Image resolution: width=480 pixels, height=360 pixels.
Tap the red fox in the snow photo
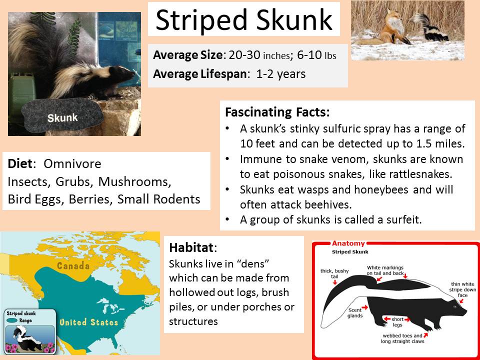coord(390,29)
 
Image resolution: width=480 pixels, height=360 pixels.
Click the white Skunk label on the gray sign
coord(62,117)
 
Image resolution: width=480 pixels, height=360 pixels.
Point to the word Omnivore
coord(72,164)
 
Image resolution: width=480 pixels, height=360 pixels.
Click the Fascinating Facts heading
coord(277,112)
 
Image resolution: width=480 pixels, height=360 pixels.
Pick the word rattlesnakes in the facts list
coord(416,174)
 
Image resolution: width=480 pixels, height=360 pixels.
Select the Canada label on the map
coord(73,265)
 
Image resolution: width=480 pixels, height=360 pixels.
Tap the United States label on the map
coord(89,322)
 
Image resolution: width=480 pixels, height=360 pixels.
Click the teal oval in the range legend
coord(12,320)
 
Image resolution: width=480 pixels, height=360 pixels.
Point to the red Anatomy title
coord(348,243)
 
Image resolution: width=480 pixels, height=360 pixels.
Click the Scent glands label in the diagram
coord(355,313)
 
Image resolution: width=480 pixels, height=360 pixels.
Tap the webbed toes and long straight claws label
coord(402,338)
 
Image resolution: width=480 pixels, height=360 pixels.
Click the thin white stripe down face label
coord(463,289)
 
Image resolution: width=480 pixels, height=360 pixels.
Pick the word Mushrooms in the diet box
coord(134,182)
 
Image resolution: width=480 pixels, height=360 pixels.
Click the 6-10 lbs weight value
coord(316,55)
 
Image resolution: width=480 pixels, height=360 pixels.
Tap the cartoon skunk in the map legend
coord(28,337)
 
